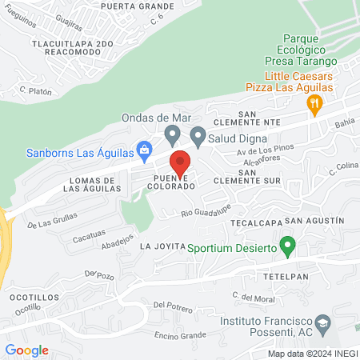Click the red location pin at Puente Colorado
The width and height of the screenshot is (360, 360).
[180, 162]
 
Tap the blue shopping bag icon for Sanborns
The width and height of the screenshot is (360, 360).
[144, 148]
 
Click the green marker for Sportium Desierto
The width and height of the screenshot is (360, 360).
[290, 245]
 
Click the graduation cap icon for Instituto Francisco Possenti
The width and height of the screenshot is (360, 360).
[322, 324]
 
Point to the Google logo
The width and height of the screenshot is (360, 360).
[26, 350]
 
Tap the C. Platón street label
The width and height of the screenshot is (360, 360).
[36, 91]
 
